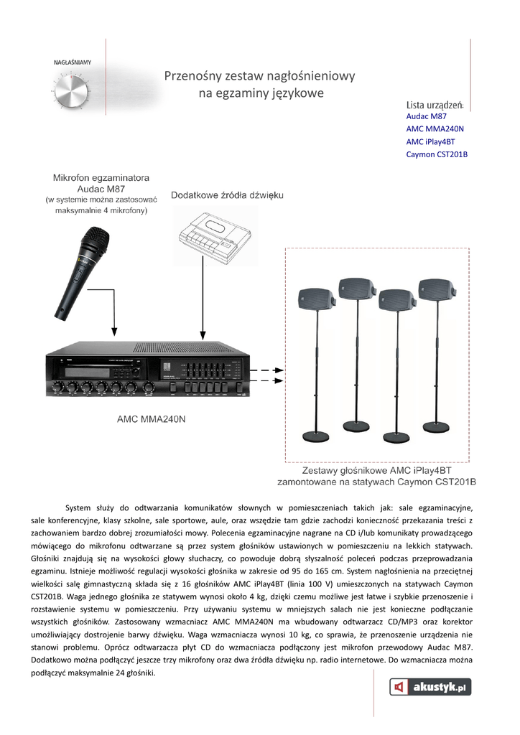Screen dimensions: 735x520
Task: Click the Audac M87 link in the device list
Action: click(x=427, y=116)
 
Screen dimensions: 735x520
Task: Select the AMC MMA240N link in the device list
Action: click(x=435, y=128)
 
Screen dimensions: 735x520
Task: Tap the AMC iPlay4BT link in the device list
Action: click(x=431, y=141)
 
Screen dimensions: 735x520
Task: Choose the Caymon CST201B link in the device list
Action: click(x=437, y=154)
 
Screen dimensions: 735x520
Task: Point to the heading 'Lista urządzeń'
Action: click(x=435, y=105)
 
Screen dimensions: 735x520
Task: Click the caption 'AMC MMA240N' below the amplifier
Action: click(x=150, y=418)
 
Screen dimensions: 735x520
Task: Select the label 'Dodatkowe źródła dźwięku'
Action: click(x=227, y=195)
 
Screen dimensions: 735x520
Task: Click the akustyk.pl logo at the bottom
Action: click(x=430, y=687)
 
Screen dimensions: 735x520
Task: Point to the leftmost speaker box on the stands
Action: click(x=314, y=295)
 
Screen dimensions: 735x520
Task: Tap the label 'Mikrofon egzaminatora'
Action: click(x=101, y=177)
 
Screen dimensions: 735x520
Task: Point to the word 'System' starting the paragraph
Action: click(x=78, y=507)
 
